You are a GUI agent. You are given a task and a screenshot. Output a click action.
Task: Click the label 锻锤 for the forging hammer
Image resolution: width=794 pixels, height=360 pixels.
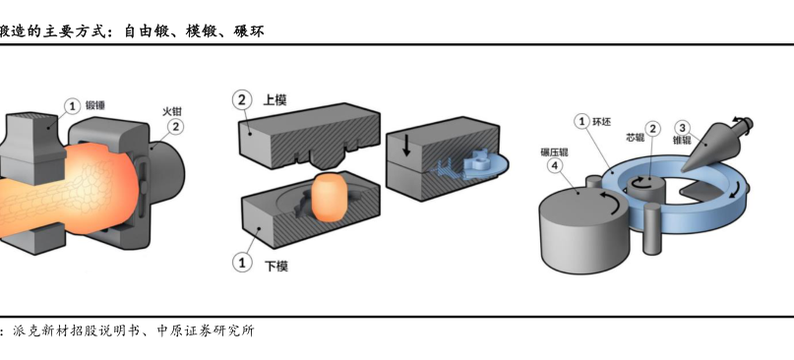point(95,105)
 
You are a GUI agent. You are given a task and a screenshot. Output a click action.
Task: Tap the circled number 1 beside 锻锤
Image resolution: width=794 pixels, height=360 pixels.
point(73,106)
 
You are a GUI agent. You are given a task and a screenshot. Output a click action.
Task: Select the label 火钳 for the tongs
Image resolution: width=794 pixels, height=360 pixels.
point(172,111)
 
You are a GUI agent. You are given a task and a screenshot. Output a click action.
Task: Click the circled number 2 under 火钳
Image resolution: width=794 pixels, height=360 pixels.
point(175,127)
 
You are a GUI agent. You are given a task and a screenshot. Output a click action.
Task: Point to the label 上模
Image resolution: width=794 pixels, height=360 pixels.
point(275,99)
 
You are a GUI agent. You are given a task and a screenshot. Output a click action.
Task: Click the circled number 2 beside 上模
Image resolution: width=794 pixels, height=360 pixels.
point(242,99)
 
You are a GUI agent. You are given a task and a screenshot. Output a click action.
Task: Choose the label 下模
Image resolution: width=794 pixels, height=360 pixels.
point(276,266)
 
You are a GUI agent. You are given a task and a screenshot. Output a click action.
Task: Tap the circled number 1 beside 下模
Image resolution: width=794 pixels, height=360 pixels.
point(242,263)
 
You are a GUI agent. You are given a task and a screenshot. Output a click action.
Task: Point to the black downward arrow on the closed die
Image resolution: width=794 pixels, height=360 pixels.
point(406,146)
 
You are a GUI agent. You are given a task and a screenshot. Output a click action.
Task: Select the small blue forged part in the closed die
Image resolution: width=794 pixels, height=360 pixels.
point(478,162)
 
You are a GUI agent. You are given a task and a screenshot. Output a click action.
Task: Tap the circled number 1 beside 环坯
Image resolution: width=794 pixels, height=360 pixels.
point(581,122)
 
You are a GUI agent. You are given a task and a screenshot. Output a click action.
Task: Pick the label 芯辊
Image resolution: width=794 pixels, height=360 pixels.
point(635,138)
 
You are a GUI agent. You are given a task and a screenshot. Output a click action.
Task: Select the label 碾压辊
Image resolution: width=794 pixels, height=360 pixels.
point(555,151)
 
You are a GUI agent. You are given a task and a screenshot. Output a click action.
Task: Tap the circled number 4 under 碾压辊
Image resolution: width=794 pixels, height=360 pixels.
point(556,166)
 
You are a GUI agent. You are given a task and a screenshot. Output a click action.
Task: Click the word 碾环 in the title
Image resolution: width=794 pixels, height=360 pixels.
point(249,31)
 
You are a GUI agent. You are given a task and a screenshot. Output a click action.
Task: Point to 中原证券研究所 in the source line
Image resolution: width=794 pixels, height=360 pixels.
point(206,331)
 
